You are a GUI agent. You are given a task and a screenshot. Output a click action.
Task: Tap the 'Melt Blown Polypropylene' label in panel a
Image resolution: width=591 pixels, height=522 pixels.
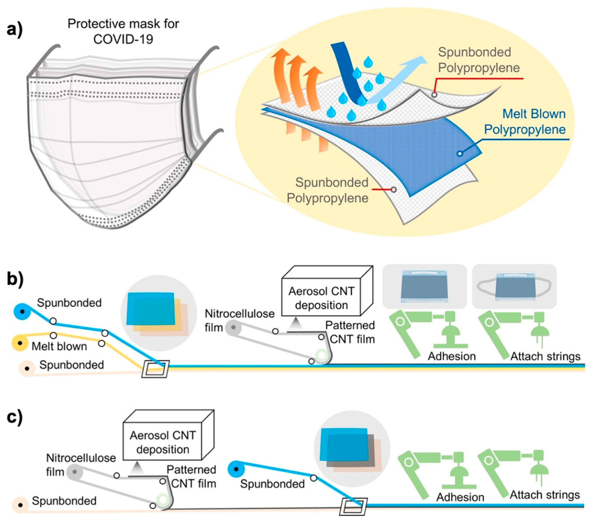(525, 122)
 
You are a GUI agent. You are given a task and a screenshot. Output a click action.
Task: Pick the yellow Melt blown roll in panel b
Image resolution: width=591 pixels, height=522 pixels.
(19, 343)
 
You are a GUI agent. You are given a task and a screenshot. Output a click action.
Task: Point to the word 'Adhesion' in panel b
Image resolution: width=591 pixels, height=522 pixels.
(452, 356)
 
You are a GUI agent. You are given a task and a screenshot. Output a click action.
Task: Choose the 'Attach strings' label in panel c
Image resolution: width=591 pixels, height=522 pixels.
(545, 495)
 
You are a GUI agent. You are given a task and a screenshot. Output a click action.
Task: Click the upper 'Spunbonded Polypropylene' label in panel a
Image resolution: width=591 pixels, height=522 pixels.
(478, 60)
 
